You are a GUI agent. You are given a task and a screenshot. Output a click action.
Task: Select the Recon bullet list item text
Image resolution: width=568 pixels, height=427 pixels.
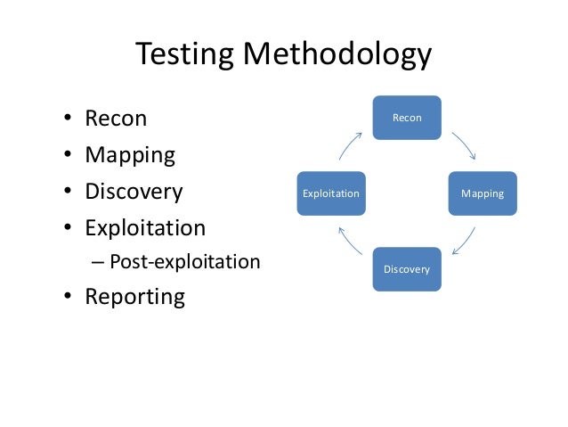116,119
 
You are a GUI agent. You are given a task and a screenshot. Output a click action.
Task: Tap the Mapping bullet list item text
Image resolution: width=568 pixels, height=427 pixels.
130,155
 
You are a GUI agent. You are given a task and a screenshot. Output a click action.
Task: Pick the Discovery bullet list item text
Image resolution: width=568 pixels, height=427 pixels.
134,192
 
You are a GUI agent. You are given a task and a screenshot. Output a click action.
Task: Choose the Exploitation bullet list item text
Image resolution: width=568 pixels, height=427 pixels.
145,227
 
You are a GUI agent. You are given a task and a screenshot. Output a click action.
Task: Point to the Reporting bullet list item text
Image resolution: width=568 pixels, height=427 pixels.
134,297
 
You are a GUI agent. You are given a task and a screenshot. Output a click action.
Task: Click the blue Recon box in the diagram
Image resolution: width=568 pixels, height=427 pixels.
407,118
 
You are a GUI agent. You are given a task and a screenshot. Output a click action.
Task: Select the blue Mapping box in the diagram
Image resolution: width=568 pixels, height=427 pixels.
482,193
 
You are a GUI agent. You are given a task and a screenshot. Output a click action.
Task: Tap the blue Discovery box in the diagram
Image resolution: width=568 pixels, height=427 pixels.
407,269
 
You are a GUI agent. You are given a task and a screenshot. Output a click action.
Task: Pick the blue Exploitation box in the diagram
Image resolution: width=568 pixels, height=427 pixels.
331,193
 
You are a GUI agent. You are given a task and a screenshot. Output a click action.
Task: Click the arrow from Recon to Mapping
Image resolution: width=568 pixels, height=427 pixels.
465,145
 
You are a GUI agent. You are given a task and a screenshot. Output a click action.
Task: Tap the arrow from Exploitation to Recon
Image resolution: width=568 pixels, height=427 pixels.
351,146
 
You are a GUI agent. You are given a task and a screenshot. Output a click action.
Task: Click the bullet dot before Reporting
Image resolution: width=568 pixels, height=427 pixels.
68,298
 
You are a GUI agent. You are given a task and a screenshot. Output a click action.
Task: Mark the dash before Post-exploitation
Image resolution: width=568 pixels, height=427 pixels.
97,263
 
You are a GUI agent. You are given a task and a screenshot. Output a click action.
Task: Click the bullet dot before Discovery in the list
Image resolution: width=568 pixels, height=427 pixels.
68,193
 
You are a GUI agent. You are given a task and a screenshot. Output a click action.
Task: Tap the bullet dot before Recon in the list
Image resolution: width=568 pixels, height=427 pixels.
68,119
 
